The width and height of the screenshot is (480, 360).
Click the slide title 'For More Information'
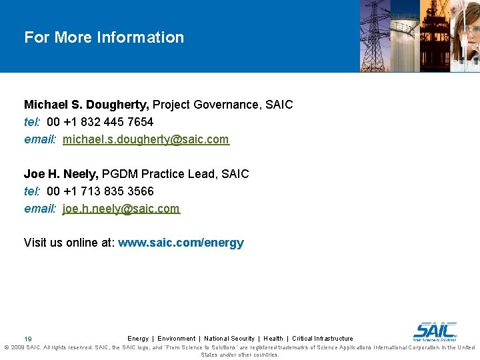pyautogui.click(x=104, y=37)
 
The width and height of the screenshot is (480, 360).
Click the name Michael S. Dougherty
pyautogui.click(x=87, y=105)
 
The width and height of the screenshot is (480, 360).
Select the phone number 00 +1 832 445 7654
pyautogui.click(x=100, y=122)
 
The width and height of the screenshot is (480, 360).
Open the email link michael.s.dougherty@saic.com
pyautogui.click(x=145, y=139)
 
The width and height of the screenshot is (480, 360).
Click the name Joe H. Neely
pyautogui.click(x=61, y=174)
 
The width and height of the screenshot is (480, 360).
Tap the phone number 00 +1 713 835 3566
pyautogui.click(x=100, y=191)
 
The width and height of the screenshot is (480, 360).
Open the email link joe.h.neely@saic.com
pyautogui.click(x=121, y=209)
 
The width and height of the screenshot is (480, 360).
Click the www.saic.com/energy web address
pyautogui.click(x=181, y=243)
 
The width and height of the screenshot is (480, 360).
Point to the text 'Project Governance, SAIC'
pyautogui.click(x=223, y=105)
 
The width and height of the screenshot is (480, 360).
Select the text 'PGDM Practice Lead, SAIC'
pyautogui.click(x=175, y=174)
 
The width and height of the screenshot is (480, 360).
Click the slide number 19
pyautogui.click(x=28, y=339)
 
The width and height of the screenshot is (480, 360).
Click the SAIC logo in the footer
pyautogui.click(x=435, y=331)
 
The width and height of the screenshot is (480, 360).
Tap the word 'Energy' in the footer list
pyautogui.click(x=138, y=339)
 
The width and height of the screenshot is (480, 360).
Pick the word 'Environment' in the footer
pyautogui.click(x=176, y=339)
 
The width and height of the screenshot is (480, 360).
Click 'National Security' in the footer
pyautogui.click(x=229, y=339)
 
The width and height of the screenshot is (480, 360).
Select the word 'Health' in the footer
pyautogui.click(x=273, y=339)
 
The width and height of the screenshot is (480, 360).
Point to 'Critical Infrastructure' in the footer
pyautogui.click(x=323, y=339)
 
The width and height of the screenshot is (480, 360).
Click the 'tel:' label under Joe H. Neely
pyautogui.click(x=33, y=191)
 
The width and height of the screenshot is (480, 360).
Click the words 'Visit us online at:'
pyautogui.click(x=69, y=243)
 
